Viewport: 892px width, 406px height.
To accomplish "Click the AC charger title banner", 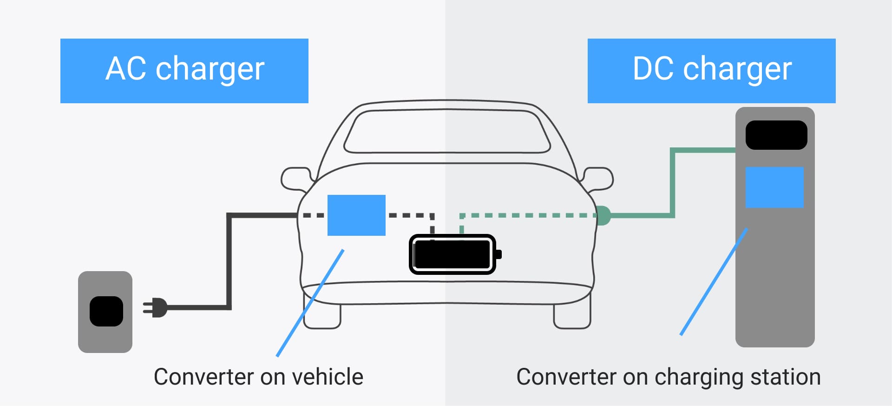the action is (x=184, y=71).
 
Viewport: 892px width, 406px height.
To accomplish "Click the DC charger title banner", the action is (x=711, y=71).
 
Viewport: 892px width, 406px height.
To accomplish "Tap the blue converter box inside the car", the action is (x=356, y=215).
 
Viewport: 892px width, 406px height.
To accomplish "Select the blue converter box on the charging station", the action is (x=774, y=187).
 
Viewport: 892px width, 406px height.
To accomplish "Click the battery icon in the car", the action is (x=455, y=254).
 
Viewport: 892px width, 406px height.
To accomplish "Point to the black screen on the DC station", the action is (x=776, y=135).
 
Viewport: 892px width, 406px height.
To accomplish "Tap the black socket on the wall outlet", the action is (x=106, y=311).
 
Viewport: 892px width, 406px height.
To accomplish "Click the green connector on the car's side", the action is (x=603, y=215).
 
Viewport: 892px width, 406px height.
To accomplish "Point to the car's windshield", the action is (x=447, y=131).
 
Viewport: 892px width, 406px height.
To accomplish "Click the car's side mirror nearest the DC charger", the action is (x=598, y=179).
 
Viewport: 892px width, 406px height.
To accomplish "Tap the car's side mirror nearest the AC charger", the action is (x=296, y=179).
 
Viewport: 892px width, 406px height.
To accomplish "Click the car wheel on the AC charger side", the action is (x=322, y=316).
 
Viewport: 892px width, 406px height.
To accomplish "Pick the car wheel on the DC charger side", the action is (x=572, y=316).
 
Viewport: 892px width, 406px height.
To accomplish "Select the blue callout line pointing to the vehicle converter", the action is (x=310, y=303).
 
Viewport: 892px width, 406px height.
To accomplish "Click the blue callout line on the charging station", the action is (x=714, y=281).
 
